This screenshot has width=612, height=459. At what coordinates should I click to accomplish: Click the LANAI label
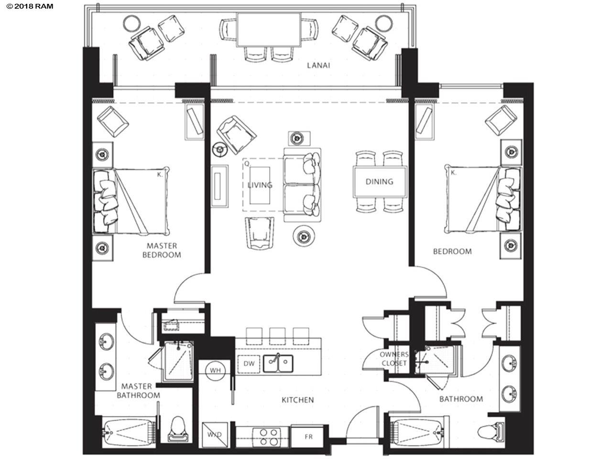318,66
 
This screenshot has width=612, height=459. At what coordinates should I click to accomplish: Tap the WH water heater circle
215,371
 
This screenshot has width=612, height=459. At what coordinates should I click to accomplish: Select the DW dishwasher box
249,363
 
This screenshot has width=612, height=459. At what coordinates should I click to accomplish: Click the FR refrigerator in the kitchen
308,437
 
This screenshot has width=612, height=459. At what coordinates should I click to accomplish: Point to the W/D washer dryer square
215,435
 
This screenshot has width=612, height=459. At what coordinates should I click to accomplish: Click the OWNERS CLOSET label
394,359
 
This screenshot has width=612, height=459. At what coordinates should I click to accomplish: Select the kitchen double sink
278,363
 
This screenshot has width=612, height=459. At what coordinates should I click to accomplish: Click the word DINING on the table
380,182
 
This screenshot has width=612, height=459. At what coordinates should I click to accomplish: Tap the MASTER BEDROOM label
162,250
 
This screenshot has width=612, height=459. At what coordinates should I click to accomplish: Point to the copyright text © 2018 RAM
30,6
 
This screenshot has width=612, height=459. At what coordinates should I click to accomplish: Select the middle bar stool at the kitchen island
277,337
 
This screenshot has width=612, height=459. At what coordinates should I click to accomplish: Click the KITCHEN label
297,400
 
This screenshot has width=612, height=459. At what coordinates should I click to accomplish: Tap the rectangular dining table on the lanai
269,29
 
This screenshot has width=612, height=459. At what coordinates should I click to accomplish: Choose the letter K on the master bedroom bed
160,175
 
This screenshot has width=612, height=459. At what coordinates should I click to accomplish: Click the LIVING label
260,185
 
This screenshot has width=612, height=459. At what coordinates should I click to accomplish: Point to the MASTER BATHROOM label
138,391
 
